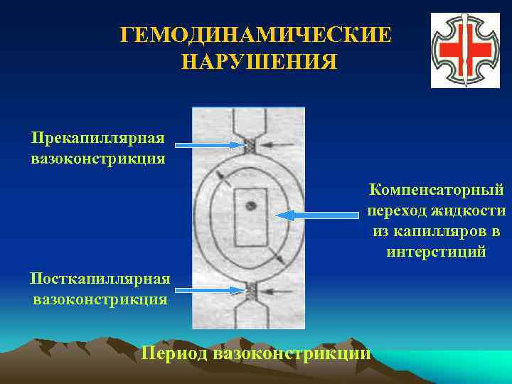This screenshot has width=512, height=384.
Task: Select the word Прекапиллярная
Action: tap(98, 137)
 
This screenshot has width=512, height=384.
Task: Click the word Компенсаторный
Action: tap(437, 190)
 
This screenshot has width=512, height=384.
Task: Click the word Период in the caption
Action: tap(178, 352)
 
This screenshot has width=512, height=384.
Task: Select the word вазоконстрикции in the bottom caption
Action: tap(297, 352)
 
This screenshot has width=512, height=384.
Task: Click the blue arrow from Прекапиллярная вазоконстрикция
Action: tap(209, 145)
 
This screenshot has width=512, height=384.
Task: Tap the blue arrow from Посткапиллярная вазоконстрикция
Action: tap(209, 289)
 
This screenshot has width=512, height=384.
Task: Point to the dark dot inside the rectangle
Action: tap(249, 206)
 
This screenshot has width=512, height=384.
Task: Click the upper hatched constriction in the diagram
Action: tap(250, 146)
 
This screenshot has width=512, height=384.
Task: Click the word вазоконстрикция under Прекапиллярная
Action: tap(98, 157)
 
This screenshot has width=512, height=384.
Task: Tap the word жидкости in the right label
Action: tap(471, 210)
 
